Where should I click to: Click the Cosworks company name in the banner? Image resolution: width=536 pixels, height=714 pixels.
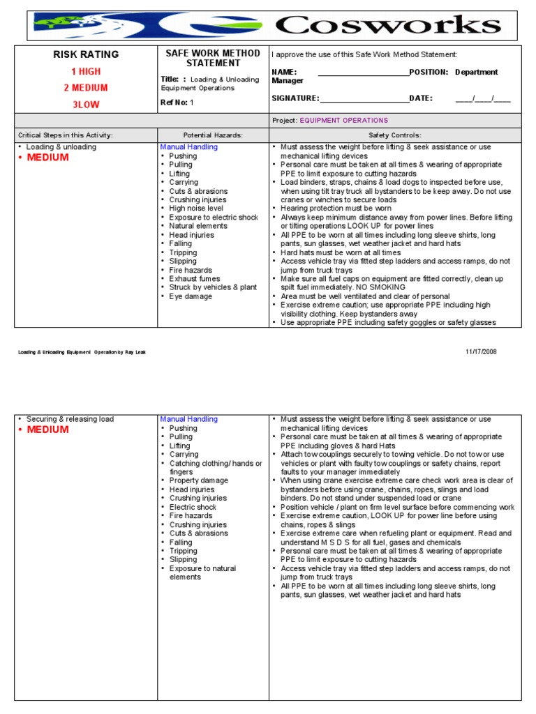[388, 26]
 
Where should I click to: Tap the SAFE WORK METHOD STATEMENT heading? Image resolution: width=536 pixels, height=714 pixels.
[213, 59]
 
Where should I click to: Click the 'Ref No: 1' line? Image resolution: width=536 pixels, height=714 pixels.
[177, 102]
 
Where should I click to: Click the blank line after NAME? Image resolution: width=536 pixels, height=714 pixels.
[363, 73]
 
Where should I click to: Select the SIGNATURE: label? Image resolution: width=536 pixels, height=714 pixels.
[295, 99]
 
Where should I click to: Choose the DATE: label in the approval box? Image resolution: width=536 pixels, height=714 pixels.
[421, 99]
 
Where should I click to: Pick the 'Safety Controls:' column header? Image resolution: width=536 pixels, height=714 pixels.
[395, 135]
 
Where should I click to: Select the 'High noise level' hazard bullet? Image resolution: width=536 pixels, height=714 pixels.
[196, 208]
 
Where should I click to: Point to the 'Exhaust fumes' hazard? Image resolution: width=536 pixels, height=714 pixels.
[193, 279]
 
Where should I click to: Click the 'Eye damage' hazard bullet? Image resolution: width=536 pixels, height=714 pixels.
[190, 296]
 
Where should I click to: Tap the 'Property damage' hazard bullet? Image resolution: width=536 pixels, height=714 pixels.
[198, 481]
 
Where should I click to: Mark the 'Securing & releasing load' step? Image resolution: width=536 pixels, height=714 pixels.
[70, 419]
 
